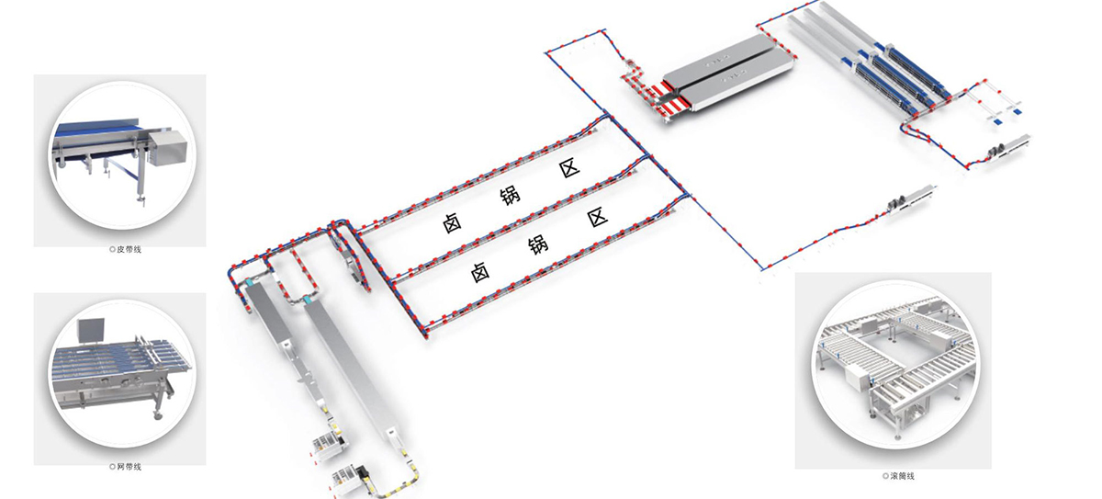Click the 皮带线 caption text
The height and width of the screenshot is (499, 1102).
[129, 250]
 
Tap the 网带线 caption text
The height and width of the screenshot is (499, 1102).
[129, 467]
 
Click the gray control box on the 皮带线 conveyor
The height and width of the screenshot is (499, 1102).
[167, 147]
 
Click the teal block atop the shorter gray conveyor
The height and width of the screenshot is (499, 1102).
[253, 282]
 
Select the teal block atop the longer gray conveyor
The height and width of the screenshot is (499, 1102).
[309, 299]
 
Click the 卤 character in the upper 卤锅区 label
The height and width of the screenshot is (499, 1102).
[452, 223]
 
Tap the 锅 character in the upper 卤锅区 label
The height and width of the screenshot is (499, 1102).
[511, 196]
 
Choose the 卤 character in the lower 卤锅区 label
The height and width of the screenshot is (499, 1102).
[479, 272]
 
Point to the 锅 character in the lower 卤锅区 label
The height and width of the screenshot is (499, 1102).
[538, 244]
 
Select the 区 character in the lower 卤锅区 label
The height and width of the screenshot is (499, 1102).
[598, 217]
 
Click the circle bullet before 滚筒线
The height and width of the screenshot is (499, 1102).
[885, 476]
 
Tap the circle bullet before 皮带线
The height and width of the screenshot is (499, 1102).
[112, 250]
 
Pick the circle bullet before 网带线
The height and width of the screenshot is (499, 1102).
[112, 467]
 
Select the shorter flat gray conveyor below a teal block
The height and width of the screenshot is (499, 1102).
[267, 314]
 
